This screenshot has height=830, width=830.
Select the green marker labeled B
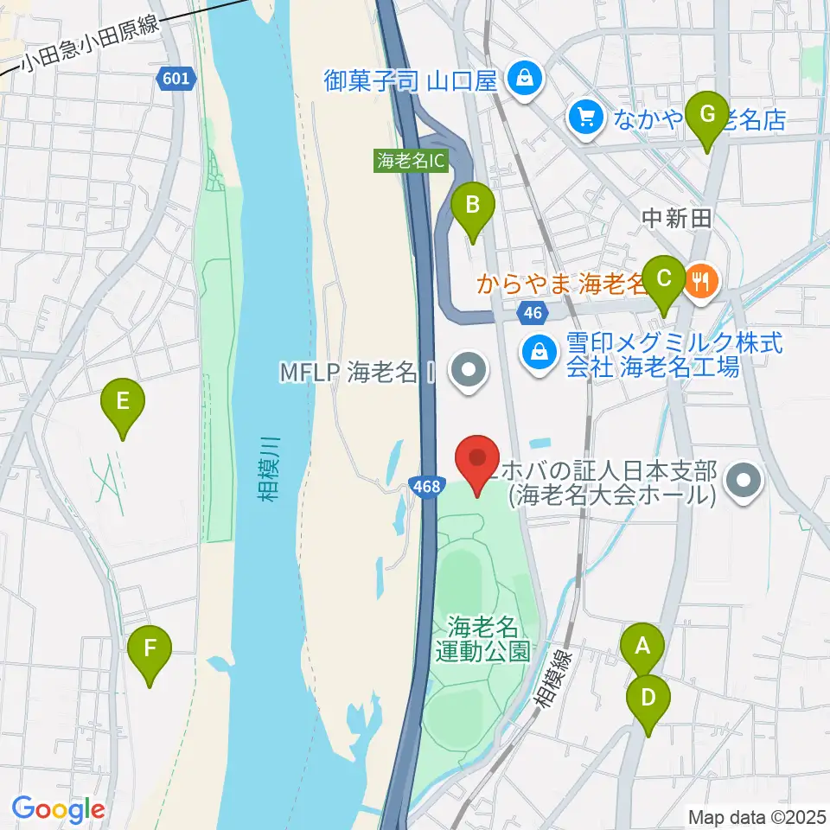tap(473, 206)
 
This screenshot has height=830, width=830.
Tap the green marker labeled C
tap(664, 278)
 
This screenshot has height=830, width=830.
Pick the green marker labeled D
tap(648, 695)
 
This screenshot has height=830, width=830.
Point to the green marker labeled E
tap(123, 401)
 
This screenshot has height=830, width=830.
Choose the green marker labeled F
tap(150, 647)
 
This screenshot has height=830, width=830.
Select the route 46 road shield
tap(531, 310)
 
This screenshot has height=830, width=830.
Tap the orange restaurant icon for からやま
tap(701, 279)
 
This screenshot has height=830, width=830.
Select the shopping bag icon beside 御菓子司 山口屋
tap(524, 80)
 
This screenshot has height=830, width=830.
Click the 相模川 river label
tap(271, 468)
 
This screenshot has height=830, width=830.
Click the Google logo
tap(58, 808)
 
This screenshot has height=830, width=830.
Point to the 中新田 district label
tap(676, 219)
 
